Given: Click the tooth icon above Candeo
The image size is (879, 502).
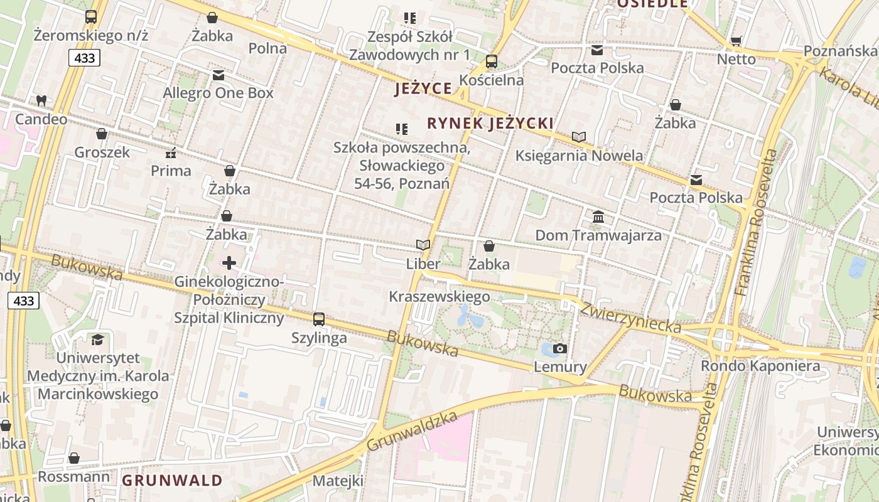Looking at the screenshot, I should point(41,100).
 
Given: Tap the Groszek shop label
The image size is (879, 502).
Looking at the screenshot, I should point(102,152).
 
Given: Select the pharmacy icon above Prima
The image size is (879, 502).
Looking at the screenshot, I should point(170,153).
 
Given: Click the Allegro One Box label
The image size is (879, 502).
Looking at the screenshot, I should point(218,93).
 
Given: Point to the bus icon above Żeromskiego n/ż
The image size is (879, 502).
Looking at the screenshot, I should point(91,17).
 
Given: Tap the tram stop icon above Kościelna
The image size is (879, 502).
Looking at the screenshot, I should point(492,61).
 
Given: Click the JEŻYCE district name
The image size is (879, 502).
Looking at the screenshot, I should point(423,88).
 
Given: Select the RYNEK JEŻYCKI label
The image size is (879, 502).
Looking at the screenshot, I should point(490,123).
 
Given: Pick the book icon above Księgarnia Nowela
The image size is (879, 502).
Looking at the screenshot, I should point(579,137).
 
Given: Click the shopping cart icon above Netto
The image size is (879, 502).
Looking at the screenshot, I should point(736,41).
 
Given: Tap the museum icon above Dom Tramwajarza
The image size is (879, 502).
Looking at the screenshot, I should point(598,217).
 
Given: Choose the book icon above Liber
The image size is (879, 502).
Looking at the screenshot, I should point(423,245).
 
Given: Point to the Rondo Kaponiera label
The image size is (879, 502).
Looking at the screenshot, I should point(760,366).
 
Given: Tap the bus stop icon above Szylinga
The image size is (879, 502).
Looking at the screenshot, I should point(319,319).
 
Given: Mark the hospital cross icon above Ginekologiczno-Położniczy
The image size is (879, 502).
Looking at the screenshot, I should point(229,263).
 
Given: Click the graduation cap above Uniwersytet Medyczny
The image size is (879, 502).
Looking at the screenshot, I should point(97,339).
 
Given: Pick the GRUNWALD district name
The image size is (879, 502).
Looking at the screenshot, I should point(172,481).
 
